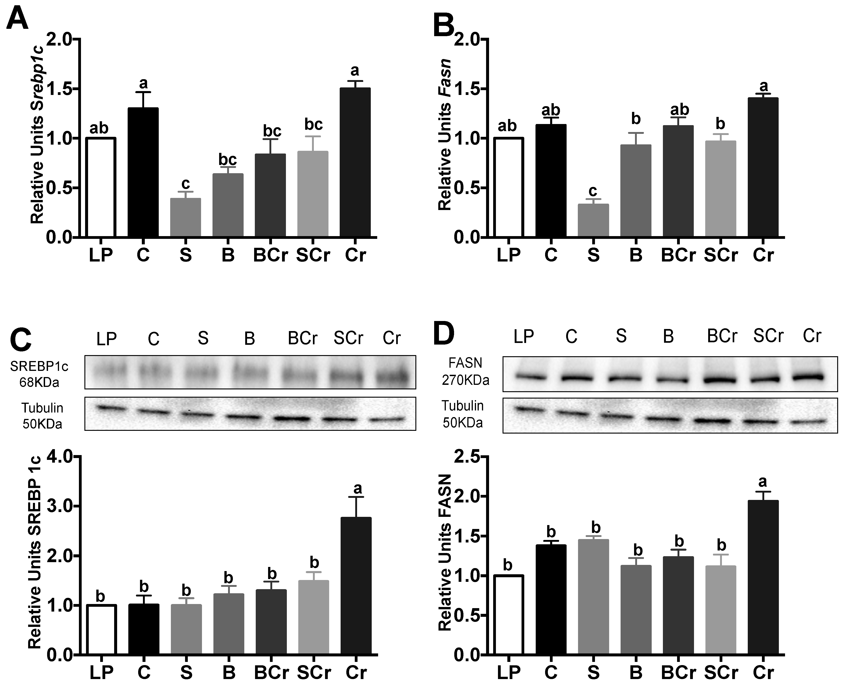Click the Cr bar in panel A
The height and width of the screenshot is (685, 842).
(x=355, y=162)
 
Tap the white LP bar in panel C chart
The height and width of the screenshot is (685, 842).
(x=101, y=629)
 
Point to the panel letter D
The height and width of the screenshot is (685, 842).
(x=444, y=333)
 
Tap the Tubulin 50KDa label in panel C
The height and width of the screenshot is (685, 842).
(x=42, y=415)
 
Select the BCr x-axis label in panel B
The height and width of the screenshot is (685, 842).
(x=678, y=255)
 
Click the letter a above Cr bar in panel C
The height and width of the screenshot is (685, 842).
(x=358, y=488)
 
